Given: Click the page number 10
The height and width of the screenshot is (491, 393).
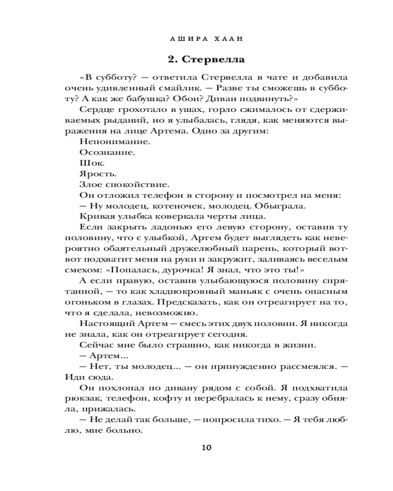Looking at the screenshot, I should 206,448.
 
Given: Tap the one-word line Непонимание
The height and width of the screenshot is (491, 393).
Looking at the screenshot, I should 107,141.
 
